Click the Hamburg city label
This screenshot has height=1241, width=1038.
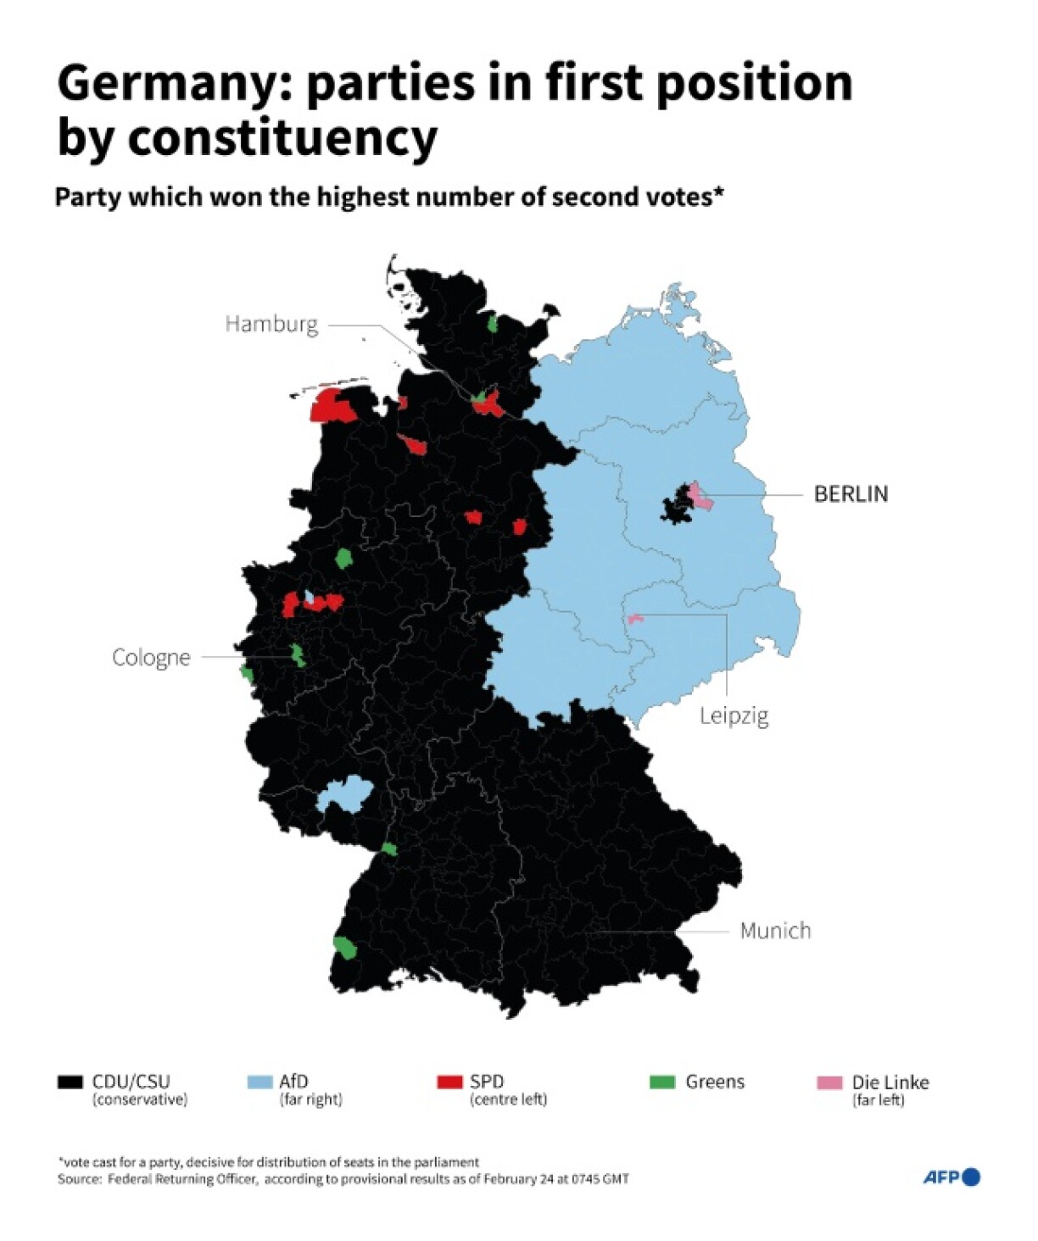271,324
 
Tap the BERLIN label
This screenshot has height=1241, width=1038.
851,493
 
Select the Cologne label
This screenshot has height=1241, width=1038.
151,657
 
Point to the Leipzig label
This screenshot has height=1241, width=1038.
734,716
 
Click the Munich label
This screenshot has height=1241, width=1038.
775,931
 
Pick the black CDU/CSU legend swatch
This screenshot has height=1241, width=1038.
70,1082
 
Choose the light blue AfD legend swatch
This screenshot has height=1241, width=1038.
259,1082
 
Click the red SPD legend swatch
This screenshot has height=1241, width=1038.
449,1082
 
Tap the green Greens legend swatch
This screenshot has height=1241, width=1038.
661,1082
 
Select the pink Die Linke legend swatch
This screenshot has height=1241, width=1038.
829,1082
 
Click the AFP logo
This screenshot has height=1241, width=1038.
951,1177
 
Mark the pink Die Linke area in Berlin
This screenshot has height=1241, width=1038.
699,497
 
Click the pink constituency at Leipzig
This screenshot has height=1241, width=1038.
634,619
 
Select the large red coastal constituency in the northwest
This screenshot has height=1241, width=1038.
332,406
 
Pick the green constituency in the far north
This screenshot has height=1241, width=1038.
492,323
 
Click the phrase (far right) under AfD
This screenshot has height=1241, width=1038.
310,1099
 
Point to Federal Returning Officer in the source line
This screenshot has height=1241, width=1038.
182,1179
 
